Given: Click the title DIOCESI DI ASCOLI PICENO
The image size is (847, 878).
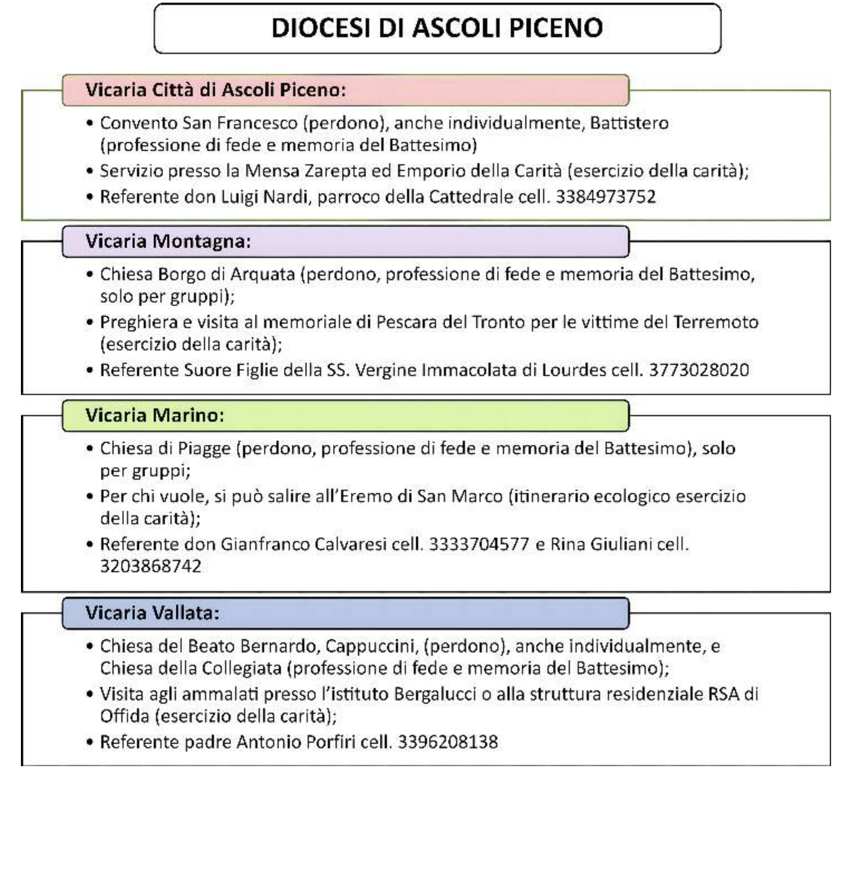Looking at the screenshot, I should coord(437,28).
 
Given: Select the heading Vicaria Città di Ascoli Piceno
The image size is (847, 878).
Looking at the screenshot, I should coord(216,90).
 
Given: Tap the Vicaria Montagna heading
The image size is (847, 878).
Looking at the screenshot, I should coord(168,242).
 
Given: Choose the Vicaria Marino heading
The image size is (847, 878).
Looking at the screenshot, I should coord(155,415).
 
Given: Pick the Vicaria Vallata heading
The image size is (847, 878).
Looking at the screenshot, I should coord(152,613).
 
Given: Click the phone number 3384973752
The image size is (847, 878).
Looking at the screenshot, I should coord(605,197).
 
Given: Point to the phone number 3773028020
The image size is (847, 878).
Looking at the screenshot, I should coord(699,370).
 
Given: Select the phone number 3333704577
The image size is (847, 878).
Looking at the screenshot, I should coord(479,544).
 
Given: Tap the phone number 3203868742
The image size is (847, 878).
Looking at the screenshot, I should coord(151,566).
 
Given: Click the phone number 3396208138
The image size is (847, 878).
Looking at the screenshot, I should coord(448,742).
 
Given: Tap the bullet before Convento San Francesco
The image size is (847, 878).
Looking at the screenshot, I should coord(90,123).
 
